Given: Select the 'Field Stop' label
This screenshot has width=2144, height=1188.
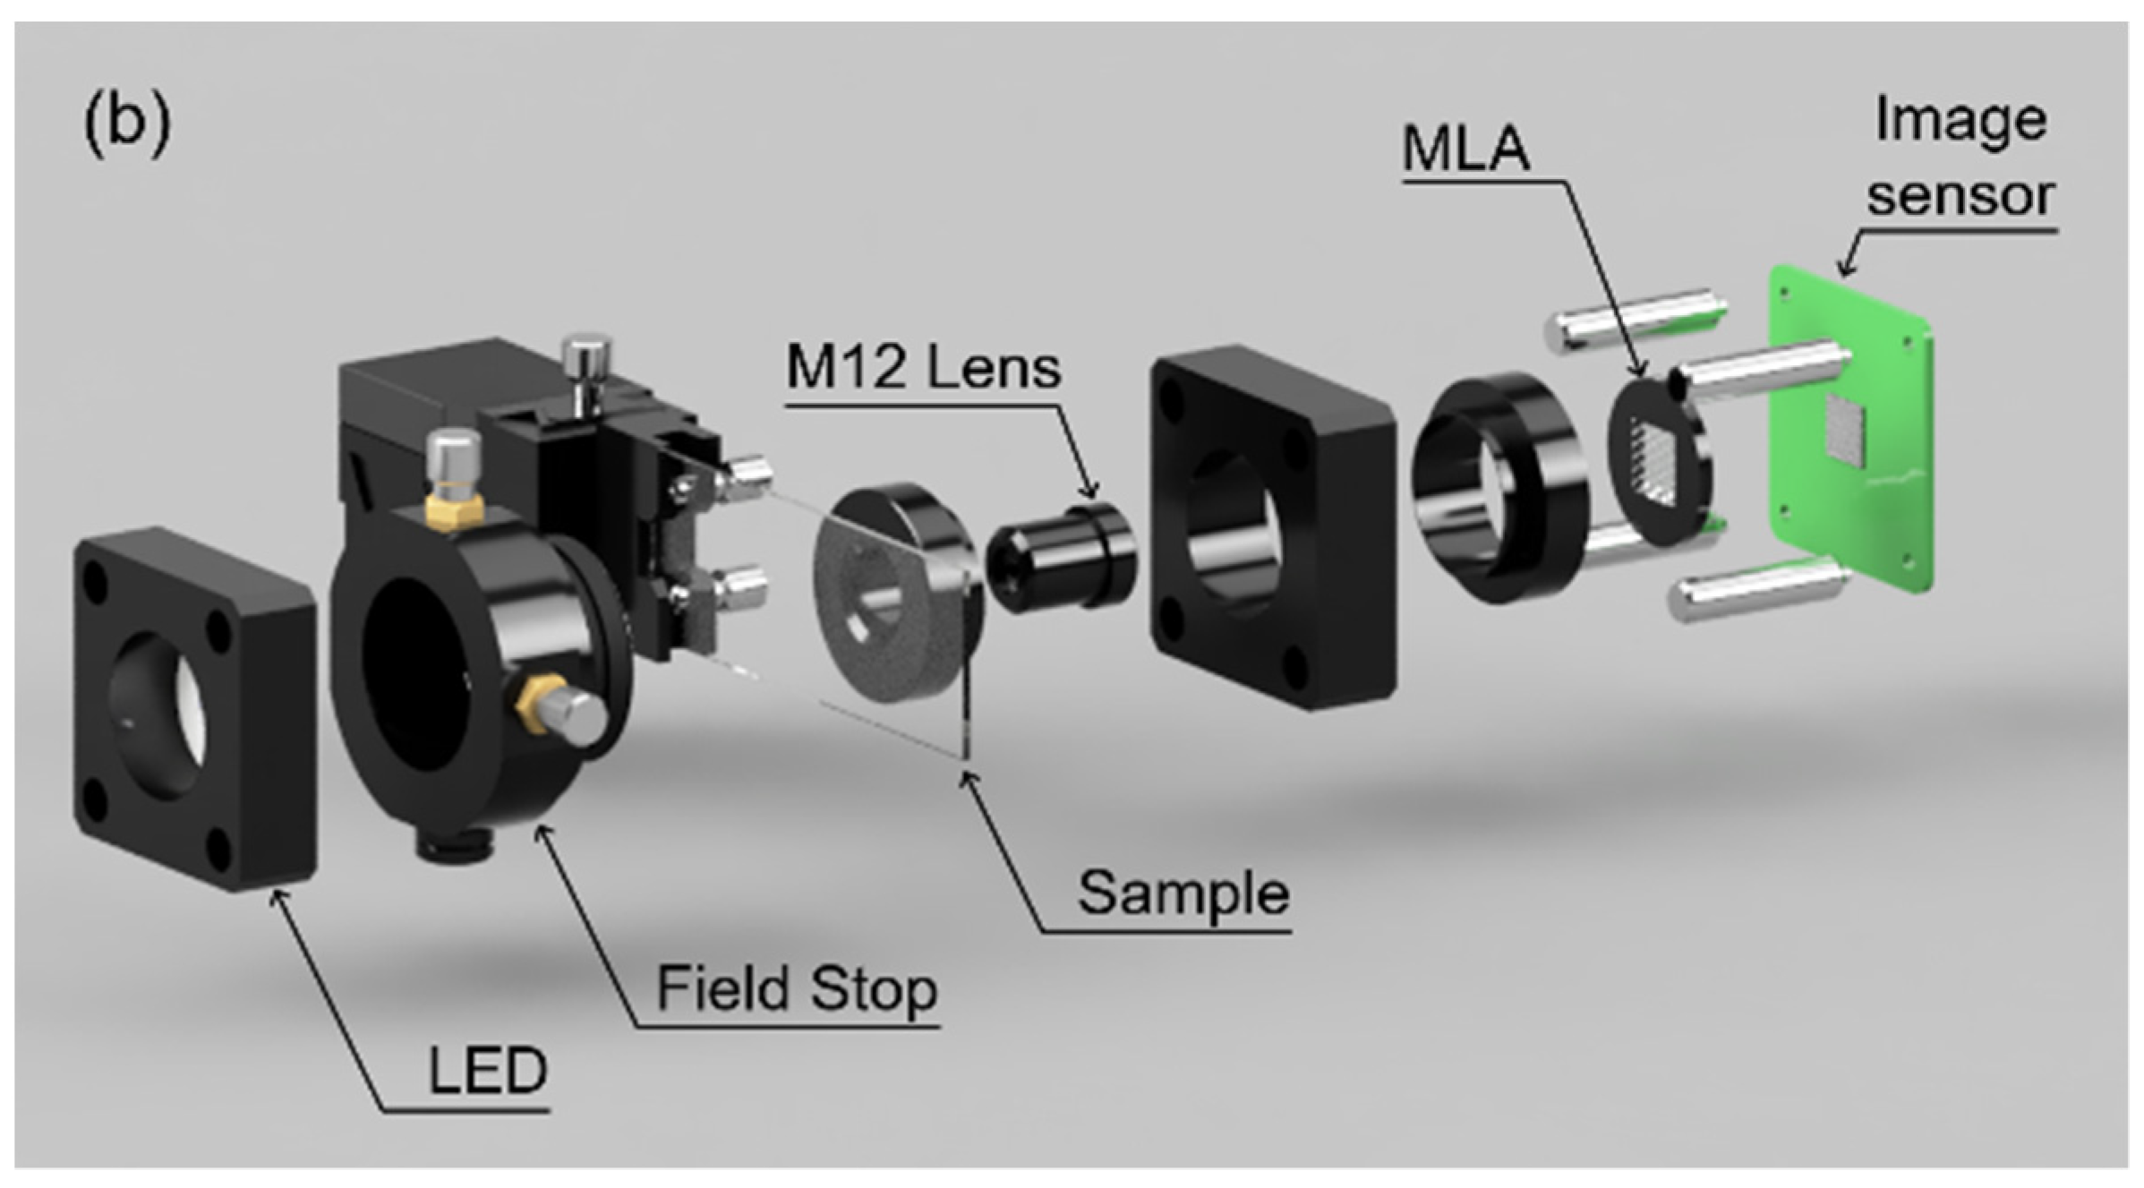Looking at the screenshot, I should [x=797, y=988].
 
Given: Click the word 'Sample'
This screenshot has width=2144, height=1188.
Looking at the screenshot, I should [x=1183, y=893].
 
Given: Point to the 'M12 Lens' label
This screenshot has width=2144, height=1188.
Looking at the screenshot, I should [x=923, y=367].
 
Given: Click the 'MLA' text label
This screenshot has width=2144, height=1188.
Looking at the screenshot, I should [x=1465, y=148].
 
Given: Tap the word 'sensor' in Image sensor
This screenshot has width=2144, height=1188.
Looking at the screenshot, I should [x=1960, y=194].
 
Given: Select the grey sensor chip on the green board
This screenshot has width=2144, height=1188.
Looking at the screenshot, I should [x=1845, y=432].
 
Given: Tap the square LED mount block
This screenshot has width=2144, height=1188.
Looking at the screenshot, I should [x=192, y=707].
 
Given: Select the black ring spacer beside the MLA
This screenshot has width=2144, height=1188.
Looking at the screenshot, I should [x=1495, y=488].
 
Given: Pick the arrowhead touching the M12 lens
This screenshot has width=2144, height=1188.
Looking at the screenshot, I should [x=1089, y=491].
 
